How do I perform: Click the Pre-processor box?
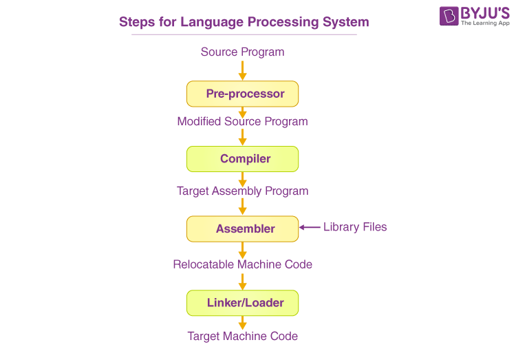click(242, 94)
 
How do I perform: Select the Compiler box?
click(242, 159)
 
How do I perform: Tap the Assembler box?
click(242, 229)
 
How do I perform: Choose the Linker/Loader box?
click(242, 302)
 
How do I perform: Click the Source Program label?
click(242, 52)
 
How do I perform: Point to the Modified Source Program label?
click(242, 122)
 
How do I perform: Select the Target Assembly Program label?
click(242, 191)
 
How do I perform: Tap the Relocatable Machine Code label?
click(242, 264)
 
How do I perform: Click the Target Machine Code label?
click(242, 336)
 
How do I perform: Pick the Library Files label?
click(355, 227)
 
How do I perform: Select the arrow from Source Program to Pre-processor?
click(242, 70)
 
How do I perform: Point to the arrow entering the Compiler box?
click(242, 138)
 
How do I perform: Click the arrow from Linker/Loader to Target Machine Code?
click(242, 322)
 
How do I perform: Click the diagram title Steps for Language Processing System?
click(244, 22)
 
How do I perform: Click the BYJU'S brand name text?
click(485, 12)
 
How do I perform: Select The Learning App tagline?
click(485, 23)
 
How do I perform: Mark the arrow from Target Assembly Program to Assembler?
click(242, 207)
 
